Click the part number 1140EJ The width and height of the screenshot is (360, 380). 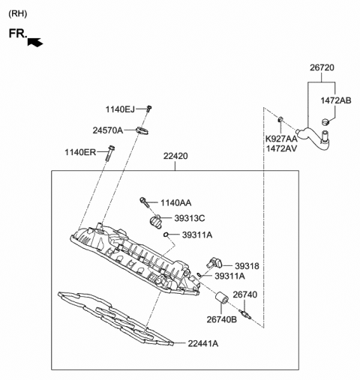[x=120, y=109]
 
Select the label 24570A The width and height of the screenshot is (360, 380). [x=109, y=130]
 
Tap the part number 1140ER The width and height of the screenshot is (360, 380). [x=80, y=153]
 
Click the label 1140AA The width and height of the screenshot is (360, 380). [x=175, y=202]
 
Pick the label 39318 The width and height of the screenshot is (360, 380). [x=246, y=265]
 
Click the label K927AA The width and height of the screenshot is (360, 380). [x=281, y=139]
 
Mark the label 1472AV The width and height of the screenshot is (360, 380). [x=281, y=149]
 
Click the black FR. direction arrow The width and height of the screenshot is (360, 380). [x=34, y=43]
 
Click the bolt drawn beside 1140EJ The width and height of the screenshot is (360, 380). [x=149, y=109]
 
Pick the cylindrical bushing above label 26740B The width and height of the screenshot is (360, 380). [x=221, y=301]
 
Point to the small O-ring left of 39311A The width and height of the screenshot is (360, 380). [x=165, y=235]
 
